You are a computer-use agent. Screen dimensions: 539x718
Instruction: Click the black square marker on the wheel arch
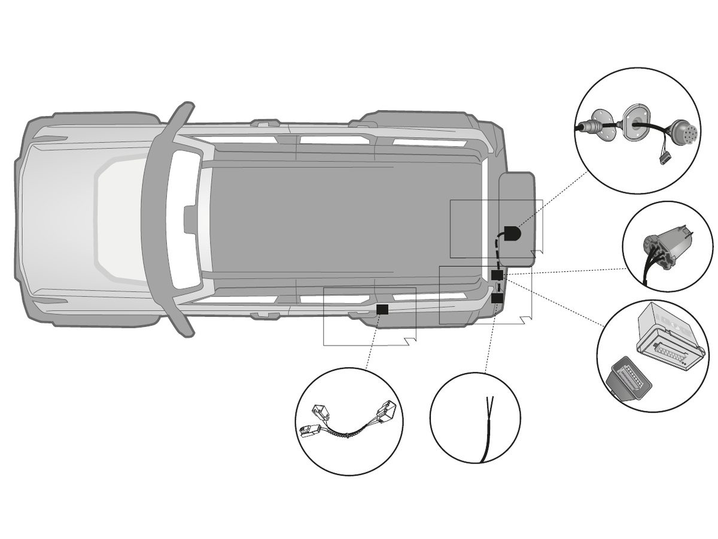[x=382, y=309]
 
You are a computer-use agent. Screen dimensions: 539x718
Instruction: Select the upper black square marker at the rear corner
[x=497, y=275]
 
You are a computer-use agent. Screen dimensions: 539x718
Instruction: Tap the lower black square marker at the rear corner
[x=497, y=297]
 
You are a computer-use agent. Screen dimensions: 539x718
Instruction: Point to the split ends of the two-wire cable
[x=491, y=402]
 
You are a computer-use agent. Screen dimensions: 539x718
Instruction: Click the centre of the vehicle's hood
[x=78, y=219]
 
